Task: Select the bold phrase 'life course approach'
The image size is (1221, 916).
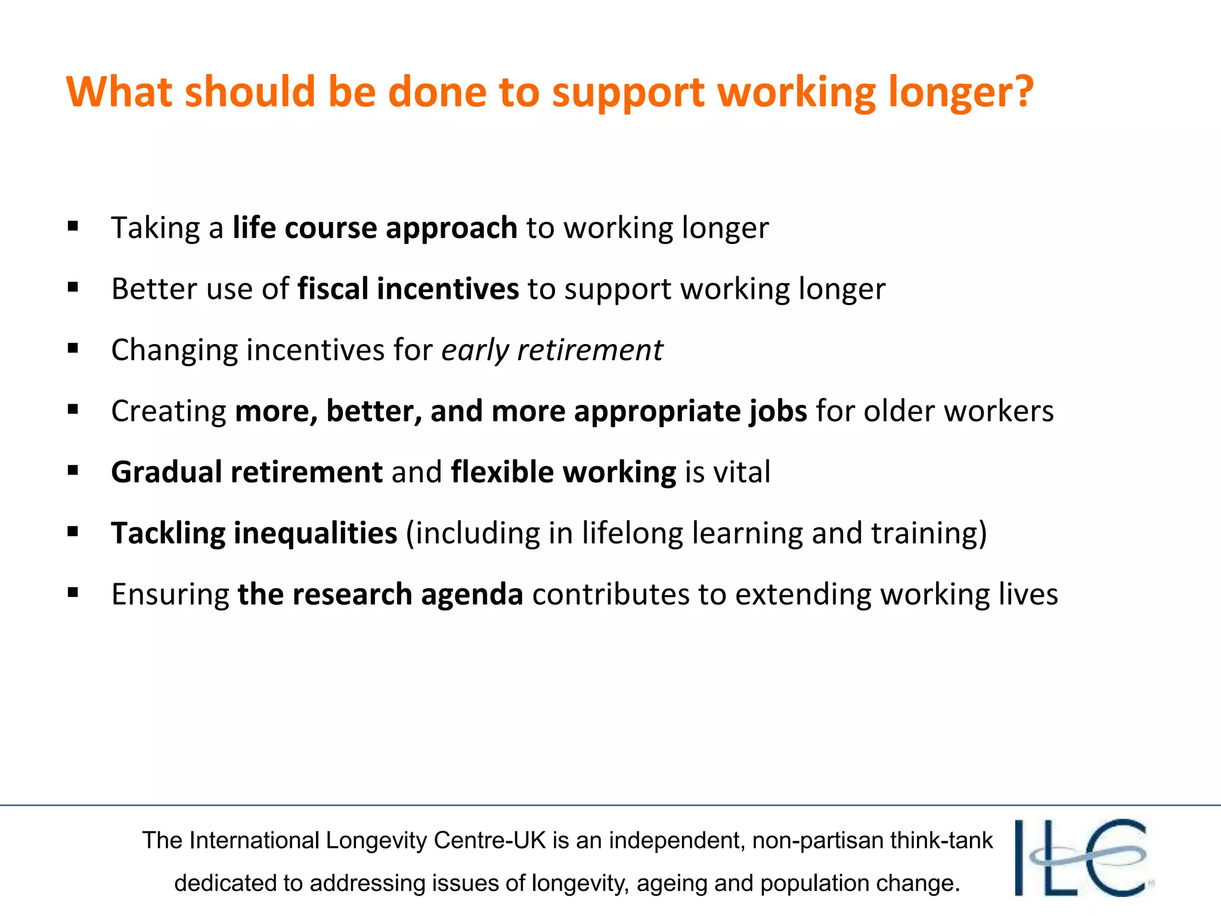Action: coord(375,228)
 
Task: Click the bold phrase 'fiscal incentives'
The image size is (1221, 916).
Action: coord(408,289)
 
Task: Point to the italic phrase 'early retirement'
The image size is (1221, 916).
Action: coord(552,350)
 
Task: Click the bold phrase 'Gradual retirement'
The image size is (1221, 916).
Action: coord(247,472)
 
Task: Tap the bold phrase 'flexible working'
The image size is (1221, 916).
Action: coord(563,473)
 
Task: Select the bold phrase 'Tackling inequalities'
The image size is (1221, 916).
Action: coord(254,534)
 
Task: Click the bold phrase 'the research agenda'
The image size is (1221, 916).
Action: coord(380,595)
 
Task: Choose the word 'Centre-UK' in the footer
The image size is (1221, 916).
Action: coord(489,840)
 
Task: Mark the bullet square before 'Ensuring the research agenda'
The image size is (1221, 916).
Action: coord(73,593)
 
